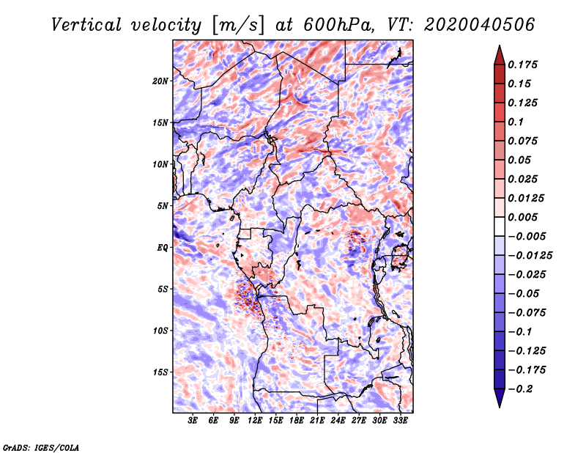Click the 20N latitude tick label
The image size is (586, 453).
160,81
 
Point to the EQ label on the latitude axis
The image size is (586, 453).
163,248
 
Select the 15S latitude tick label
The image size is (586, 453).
160,372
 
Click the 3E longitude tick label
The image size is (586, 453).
193,421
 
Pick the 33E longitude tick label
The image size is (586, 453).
400,421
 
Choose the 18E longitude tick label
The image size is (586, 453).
297,421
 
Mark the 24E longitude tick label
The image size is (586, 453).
338,421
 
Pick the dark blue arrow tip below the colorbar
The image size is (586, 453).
498,402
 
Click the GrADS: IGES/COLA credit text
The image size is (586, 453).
41,446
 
